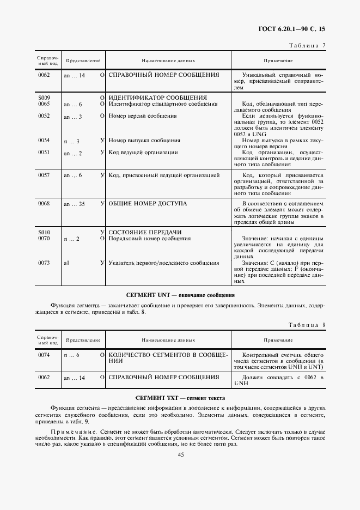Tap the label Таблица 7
point(307,46)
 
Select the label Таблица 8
point(307,325)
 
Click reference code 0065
point(44,104)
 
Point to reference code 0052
point(44,116)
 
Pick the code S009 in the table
point(44,98)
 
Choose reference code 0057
point(44,175)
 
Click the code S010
point(44,232)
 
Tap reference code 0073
point(44,263)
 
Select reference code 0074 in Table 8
point(44,355)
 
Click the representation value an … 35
point(74,204)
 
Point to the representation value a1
point(66,263)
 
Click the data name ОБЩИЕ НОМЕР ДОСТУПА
point(148,203)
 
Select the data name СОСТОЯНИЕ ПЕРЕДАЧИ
point(145,232)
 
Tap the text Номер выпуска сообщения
point(143,141)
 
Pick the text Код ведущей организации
point(143,153)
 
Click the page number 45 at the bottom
point(180,454)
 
